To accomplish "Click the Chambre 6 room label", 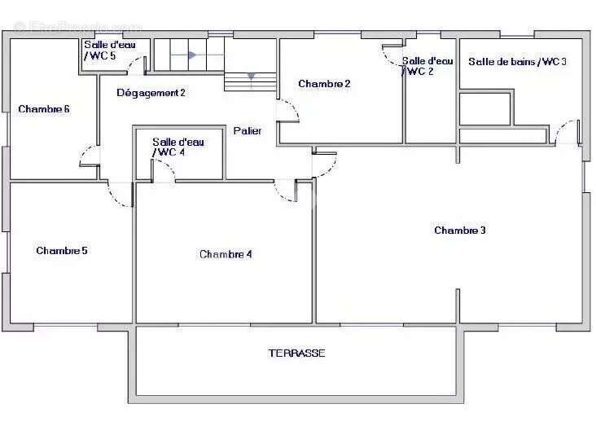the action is [44, 109].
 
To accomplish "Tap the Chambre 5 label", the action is [62, 251].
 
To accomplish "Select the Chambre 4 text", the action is [226, 254].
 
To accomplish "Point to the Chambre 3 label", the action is [460, 230].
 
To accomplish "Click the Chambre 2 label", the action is [324, 84].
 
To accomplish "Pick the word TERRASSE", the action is [297, 354].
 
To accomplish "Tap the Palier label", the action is [248, 131].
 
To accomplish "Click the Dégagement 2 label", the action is [151, 93].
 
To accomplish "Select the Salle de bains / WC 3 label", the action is [517, 62].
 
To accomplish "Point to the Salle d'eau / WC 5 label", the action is [109, 51].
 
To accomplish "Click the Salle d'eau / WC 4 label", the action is [177, 147].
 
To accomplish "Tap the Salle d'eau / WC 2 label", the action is [427, 66].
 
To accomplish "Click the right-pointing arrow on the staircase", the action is [192, 55].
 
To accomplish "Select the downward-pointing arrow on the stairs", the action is [252, 77].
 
